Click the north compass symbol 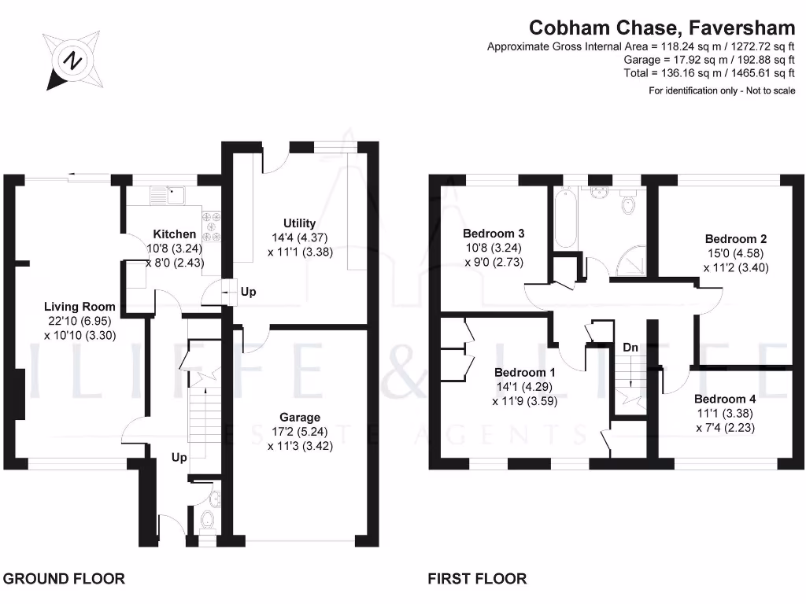pyautogui.click(x=73, y=61)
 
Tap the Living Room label pyautogui.click(x=79, y=307)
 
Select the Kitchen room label pyautogui.click(x=175, y=234)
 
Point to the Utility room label pyautogui.click(x=299, y=224)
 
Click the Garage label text pyautogui.click(x=300, y=418)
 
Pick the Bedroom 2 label pyautogui.click(x=736, y=239)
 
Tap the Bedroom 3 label pyautogui.click(x=494, y=234)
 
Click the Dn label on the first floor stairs pyautogui.click(x=630, y=348)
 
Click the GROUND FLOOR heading pyautogui.click(x=65, y=579)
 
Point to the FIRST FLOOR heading pyautogui.click(x=477, y=579)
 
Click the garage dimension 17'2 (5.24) pyautogui.click(x=299, y=432)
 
